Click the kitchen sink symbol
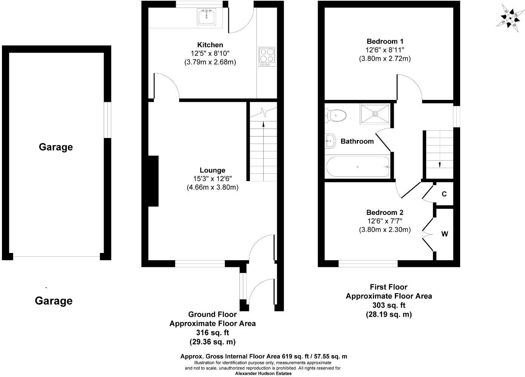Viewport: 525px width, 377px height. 206,17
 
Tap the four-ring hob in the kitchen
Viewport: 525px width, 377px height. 267,56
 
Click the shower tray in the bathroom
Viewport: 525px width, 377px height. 375,113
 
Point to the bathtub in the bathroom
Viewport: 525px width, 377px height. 358,167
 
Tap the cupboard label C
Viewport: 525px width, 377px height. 444,194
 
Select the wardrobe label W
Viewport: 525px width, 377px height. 445,234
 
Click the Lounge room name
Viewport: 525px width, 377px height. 212,170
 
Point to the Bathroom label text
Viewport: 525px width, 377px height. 357,141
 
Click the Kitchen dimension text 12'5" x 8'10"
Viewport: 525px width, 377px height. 210,54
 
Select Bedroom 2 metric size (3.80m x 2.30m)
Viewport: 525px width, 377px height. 385,230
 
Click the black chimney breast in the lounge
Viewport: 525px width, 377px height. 153,181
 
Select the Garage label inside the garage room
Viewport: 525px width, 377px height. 56,147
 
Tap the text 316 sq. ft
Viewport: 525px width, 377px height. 212,333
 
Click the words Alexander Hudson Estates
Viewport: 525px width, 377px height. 263,374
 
